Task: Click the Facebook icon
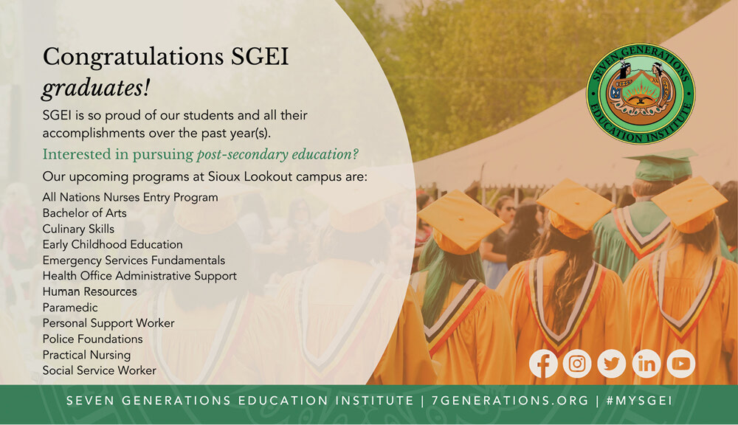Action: [x=543, y=363]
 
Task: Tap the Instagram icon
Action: [x=577, y=363]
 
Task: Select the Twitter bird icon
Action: [x=611, y=363]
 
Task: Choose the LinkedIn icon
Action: [x=646, y=363]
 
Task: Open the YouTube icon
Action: [x=680, y=363]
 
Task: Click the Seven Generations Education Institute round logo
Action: [x=641, y=94]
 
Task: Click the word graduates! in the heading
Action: [x=95, y=89]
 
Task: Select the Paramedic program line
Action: [x=70, y=308]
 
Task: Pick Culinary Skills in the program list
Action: [x=78, y=229]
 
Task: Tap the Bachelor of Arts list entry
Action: [x=84, y=212]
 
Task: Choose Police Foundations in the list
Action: [x=92, y=339]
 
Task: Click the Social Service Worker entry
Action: [x=99, y=370]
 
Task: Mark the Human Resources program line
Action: [x=89, y=291]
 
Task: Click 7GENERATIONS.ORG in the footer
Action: [x=510, y=401]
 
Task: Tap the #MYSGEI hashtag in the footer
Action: [x=639, y=401]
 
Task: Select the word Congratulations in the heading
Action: [x=133, y=57]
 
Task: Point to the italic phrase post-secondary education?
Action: [x=277, y=154]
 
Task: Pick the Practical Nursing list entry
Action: [x=86, y=355]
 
